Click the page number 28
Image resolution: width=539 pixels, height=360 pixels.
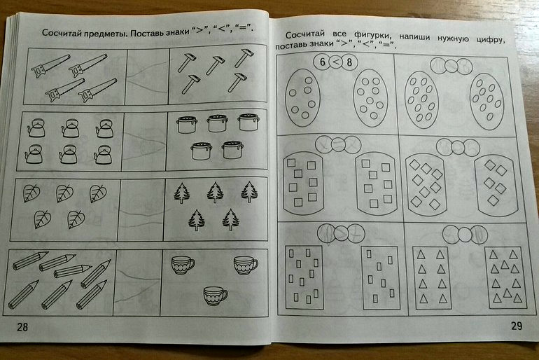tap(22, 326)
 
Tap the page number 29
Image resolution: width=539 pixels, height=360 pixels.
tap(517, 325)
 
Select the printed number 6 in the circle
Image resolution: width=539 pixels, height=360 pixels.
tap(322, 62)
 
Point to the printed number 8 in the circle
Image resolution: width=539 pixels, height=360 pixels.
tap(349, 62)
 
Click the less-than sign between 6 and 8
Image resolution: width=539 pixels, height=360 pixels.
tap(336, 62)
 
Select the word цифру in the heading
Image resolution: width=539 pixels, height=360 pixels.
tap(491, 39)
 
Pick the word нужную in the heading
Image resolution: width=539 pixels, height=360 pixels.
tap(453, 38)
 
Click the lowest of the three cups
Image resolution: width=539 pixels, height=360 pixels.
tap(215, 296)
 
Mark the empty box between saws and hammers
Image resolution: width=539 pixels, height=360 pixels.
tap(148, 76)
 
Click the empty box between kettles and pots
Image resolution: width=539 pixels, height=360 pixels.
tap(144, 141)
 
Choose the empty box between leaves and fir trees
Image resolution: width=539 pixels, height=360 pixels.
tap(141, 210)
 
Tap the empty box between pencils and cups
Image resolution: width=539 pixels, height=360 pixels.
tap(137, 282)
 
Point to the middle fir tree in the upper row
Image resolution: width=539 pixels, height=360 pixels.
tap(216, 193)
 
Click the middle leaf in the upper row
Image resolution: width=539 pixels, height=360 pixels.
tap(64, 193)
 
